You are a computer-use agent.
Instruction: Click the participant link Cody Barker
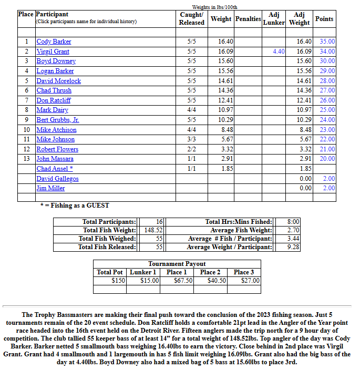(54, 42)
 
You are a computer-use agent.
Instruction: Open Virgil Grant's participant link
(53, 52)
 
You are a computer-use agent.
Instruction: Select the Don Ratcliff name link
(54, 100)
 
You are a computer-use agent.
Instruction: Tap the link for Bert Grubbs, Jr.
(58, 120)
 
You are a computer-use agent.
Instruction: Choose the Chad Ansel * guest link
(55, 169)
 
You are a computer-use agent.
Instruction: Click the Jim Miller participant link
(50, 188)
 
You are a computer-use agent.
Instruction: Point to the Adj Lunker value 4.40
(279, 52)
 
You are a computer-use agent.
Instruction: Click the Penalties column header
(248, 19)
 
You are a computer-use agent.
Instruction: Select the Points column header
(324, 19)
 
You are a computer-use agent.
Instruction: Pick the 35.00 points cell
(327, 42)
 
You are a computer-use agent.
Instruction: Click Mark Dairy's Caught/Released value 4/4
(191, 110)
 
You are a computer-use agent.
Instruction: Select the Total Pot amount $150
(119, 281)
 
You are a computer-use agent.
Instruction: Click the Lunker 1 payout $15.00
(150, 281)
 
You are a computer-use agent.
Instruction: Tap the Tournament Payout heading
(177, 264)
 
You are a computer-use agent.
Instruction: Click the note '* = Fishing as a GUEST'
(75, 205)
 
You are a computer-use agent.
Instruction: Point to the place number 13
(26, 159)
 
